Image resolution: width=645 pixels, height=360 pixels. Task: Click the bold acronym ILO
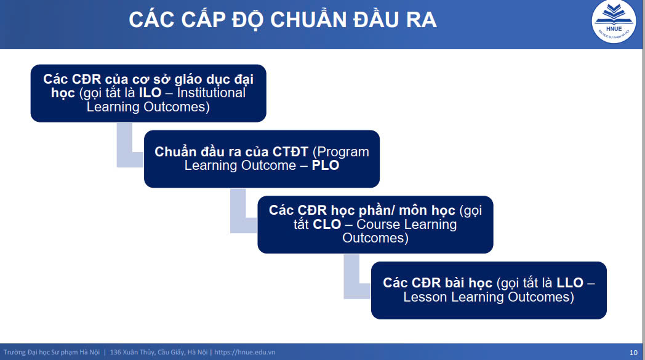click(x=150, y=93)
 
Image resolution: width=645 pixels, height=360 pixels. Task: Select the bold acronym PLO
click(x=326, y=166)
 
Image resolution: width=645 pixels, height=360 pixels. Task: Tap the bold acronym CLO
click(x=327, y=224)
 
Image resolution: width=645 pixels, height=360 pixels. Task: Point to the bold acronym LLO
click(x=570, y=282)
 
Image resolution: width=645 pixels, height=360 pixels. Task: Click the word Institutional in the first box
click(x=211, y=93)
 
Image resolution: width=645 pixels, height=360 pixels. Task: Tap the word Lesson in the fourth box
click(x=425, y=297)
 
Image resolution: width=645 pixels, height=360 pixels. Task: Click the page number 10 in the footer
click(x=633, y=353)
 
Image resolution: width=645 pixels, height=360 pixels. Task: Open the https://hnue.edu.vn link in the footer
click(x=245, y=352)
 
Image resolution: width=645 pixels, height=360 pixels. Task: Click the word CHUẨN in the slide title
click(x=309, y=20)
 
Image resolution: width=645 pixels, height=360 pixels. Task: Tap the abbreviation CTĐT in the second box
click(x=290, y=152)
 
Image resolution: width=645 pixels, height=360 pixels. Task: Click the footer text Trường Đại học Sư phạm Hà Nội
click(x=52, y=352)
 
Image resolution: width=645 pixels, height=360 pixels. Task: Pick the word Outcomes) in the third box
click(x=375, y=238)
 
